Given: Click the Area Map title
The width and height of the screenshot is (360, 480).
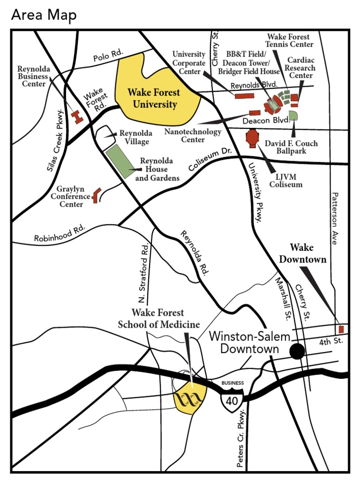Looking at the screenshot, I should coord(44,15).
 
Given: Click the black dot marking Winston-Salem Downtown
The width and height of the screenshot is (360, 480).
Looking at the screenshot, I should coord(297,351).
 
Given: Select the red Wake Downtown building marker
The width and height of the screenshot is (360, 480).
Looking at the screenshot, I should coord(341,329).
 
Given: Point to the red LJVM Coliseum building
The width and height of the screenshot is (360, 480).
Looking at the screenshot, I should coord(253,138).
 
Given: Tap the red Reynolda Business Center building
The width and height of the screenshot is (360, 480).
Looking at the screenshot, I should coord(77,117).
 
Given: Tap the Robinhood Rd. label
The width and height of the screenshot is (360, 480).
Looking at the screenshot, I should coord(60,233).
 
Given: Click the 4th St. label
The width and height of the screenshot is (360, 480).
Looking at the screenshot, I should coord(331,342).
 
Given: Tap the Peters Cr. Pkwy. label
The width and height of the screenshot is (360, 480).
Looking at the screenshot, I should coord(241,439).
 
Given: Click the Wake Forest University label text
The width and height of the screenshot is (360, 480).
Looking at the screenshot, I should coord(155,98).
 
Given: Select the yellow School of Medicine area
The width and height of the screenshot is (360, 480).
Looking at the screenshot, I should coord(190,399).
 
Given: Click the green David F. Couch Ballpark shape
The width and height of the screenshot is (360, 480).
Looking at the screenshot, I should coord(293,116).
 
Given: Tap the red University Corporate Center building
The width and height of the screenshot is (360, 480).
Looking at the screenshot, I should coord(244,96).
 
